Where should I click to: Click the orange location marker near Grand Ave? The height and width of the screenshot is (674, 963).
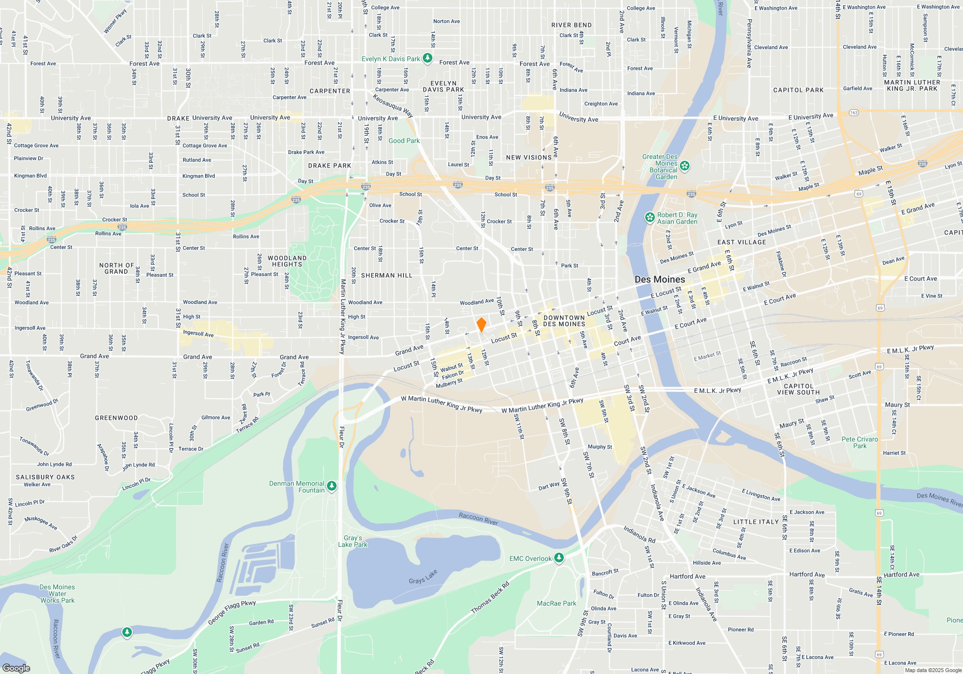pos(481,325)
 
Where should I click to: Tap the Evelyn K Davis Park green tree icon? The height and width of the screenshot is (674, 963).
pos(427,59)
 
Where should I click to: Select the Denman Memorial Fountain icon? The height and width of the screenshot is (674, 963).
pos(332,487)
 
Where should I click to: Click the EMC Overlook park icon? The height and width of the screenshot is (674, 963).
pos(559,558)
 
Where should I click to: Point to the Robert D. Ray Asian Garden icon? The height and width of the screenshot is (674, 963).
pos(650,218)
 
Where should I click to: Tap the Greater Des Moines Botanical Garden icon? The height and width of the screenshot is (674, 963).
pos(685,166)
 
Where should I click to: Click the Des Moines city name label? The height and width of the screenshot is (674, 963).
pos(660,280)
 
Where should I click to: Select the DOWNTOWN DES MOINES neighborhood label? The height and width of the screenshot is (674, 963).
pos(564,321)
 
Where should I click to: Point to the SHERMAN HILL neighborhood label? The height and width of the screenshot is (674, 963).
pos(387,275)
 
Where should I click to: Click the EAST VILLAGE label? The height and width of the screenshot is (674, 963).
pos(742,242)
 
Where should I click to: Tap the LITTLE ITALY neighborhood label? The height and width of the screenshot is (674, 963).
pos(755,522)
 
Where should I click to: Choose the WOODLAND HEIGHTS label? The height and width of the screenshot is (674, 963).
pos(287,261)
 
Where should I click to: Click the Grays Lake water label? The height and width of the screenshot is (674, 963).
pos(423,577)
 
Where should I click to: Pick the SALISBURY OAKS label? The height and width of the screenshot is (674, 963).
pos(45,477)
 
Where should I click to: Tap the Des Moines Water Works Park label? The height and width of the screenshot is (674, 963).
pos(57,594)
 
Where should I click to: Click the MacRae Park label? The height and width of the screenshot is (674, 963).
pos(556,603)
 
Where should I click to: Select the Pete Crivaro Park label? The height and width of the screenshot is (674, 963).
pos(859,442)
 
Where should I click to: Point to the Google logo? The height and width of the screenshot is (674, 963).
pos(16,668)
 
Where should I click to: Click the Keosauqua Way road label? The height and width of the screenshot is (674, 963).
pos(393,105)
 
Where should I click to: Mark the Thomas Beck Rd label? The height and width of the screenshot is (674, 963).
pos(490,597)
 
